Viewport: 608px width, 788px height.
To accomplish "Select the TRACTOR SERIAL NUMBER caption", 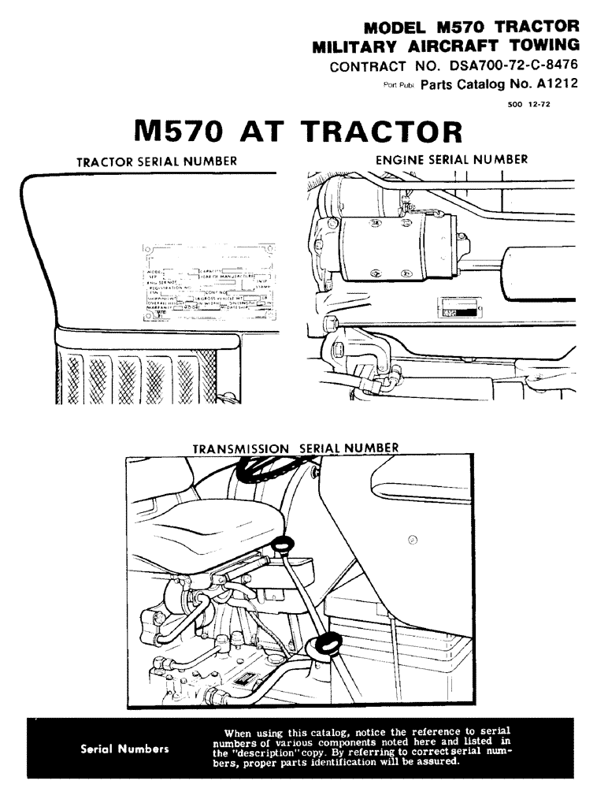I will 157,162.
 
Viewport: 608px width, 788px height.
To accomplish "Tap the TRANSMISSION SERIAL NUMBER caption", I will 295,448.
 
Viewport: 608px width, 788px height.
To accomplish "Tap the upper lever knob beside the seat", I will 283,544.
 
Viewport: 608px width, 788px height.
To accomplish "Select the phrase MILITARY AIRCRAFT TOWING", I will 446,45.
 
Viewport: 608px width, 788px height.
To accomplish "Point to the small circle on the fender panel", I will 413,540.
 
